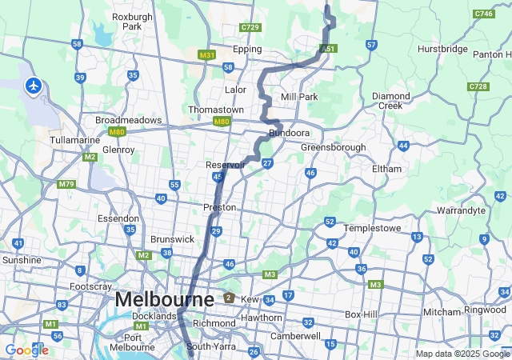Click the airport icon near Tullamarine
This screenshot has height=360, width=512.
34,86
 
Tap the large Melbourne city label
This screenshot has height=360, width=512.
164,299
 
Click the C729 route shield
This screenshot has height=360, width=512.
250,27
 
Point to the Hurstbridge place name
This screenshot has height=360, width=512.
442,49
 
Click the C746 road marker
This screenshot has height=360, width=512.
483,14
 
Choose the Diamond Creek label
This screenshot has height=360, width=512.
391,101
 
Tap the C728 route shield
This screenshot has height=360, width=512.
478,86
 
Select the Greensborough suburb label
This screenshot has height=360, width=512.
333,147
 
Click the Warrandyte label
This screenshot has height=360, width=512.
461,210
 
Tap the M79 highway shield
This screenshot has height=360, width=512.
66,185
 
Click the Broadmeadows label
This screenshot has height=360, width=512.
128,120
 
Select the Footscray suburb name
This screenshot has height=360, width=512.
91,286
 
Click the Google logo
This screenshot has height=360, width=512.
26,350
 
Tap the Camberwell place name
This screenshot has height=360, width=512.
297,336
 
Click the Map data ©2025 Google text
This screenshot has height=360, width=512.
462,354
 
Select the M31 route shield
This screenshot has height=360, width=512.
206,55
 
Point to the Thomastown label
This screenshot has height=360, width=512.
215,110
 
